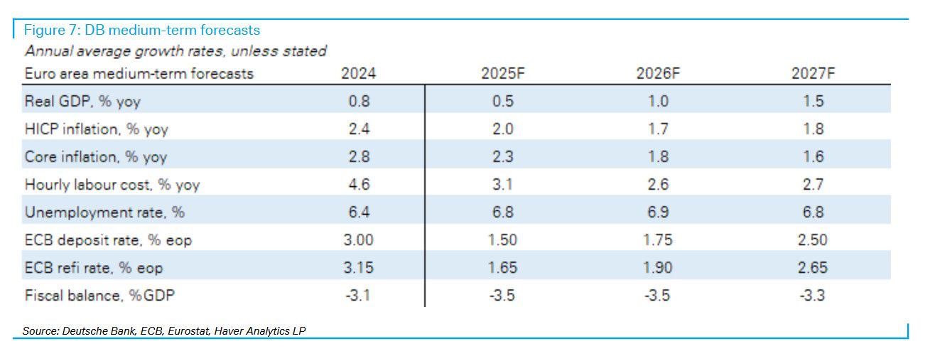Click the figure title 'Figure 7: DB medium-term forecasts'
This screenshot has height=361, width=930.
[x=142, y=30]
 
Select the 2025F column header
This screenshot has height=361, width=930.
[x=503, y=74]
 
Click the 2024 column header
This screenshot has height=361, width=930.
[x=359, y=74]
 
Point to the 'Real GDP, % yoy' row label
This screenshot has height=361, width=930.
[x=82, y=102]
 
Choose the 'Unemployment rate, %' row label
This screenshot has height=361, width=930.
[x=105, y=212]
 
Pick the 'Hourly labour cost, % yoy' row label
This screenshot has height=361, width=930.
[x=112, y=185]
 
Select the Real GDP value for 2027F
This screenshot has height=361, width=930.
[x=813, y=102]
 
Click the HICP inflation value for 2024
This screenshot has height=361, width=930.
[x=359, y=129]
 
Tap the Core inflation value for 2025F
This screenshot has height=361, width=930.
[x=503, y=157]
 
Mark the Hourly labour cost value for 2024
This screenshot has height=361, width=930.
[x=359, y=185]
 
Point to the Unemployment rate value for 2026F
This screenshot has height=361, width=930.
[x=658, y=212]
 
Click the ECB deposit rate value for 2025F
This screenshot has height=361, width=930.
[x=503, y=240]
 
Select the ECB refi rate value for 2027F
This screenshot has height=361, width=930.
[x=813, y=268]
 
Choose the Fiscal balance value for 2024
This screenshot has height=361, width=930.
[x=359, y=296]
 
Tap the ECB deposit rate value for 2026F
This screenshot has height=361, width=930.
[x=658, y=240]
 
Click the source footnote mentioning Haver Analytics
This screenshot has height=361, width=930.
[x=164, y=331]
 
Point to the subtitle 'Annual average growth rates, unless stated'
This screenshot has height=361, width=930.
[x=175, y=51]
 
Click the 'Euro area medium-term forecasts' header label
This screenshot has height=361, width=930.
[x=139, y=74]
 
